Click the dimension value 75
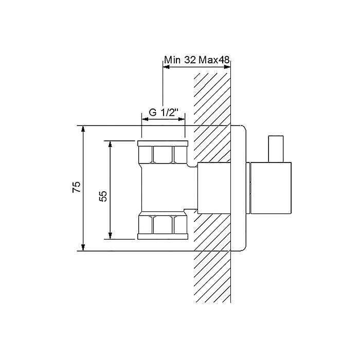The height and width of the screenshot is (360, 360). (x=77, y=187)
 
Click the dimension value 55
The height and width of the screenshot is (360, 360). (x=103, y=196)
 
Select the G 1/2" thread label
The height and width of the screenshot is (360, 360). (x=164, y=113)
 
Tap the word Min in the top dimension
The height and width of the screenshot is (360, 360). (x=172, y=60)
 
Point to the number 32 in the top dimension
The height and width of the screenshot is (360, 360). (x=190, y=60)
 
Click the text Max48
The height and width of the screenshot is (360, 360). (x=214, y=60)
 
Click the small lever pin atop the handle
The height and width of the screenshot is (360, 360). (x=276, y=149)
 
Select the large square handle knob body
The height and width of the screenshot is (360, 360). (x=271, y=188)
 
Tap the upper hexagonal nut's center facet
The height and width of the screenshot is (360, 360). (x=163, y=154)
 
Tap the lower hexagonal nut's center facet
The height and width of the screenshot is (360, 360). (x=163, y=225)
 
